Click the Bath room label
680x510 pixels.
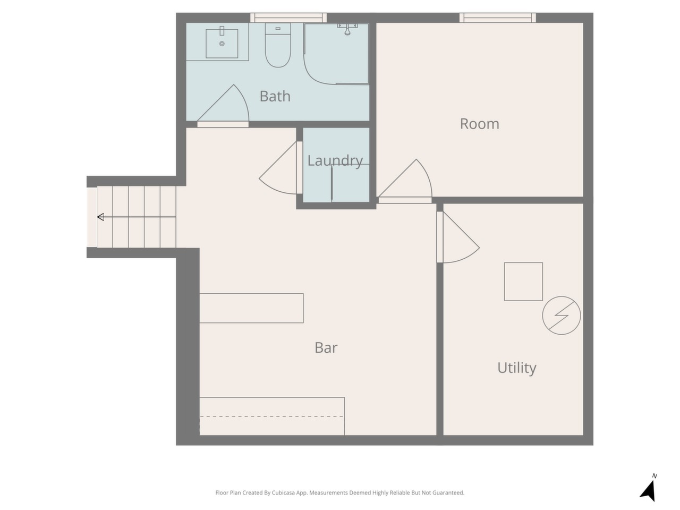(x=275, y=96)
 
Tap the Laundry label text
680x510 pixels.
(x=335, y=161)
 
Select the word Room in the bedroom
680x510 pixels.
(x=479, y=124)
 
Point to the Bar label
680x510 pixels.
(x=326, y=347)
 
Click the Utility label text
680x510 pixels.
(x=516, y=368)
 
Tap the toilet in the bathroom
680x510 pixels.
(x=277, y=45)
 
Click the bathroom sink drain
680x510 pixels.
(x=222, y=44)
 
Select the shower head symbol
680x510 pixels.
(x=347, y=29)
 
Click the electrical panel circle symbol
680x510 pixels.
(x=561, y=315)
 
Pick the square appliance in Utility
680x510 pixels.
(x=523, y=282)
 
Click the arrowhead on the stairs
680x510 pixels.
(x=100, y=217)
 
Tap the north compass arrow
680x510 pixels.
(x=648, y=490)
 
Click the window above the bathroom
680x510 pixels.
(x=288, y=18)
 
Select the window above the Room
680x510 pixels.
(x=498, y=18)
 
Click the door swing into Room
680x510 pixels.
(x=428, y=175)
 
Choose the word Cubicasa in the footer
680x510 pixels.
(x=283, y=492)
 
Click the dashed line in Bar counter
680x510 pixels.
(x=271, y=416)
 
